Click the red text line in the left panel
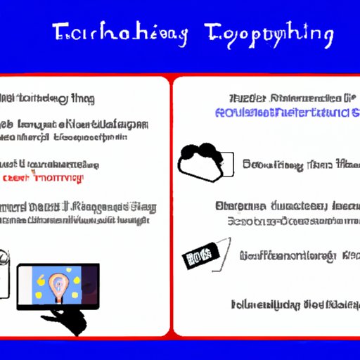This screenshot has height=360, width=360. [x=44, y=176]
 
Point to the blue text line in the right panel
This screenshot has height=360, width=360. [x=287, y=112]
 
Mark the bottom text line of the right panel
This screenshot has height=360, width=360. [x=293, y=304]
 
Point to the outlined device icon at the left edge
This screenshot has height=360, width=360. [x=5, y=271]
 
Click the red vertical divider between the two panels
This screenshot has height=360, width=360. [x=171, y=204]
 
